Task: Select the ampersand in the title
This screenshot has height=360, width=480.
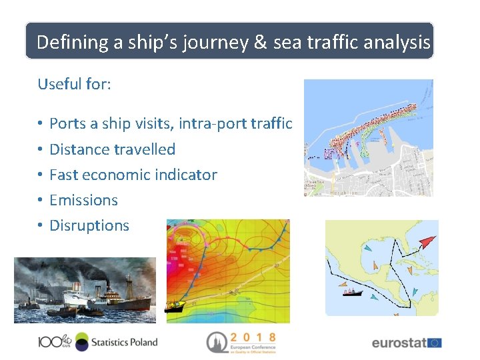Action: point(261,43)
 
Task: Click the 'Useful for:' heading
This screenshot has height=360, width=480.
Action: point(74,84)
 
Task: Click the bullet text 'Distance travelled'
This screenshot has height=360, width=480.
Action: point(112,149)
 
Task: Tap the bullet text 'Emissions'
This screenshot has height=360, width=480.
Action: point(83,200)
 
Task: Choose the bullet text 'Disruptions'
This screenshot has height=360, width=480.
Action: point(89,225)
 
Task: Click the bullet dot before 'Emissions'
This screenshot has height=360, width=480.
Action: point(41,200)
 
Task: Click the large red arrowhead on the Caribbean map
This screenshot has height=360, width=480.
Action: point(427,241)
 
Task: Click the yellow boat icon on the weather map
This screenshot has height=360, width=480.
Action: point(175,307)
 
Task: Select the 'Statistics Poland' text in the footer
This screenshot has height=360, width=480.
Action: point(124,343)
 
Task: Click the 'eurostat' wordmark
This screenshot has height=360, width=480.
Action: point(399,343)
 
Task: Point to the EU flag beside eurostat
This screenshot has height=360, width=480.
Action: point(435,343)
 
